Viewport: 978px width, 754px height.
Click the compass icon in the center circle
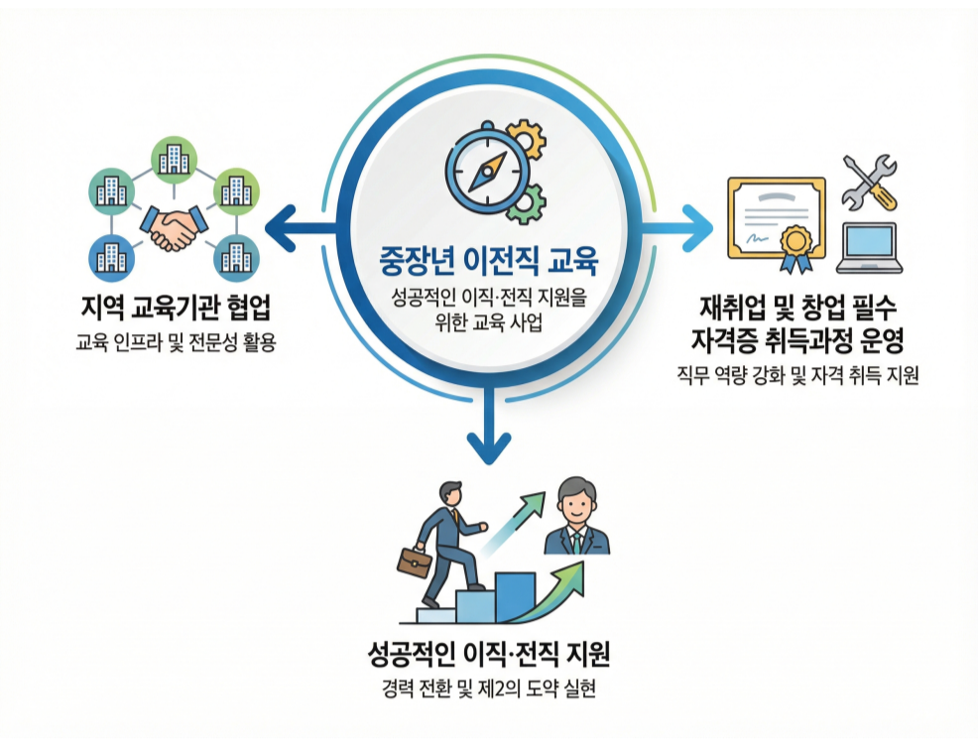point(487,171)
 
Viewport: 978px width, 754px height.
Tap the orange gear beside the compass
point(527,142)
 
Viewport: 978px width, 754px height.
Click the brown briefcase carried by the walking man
point(414,562)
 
